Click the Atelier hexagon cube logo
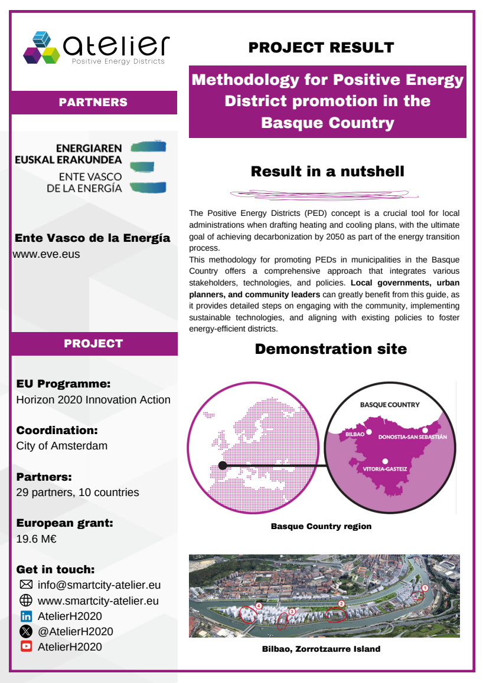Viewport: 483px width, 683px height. tap(43, 47)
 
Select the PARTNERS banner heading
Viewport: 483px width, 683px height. tap(93, 102)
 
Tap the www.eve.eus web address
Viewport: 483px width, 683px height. tap(47, 254)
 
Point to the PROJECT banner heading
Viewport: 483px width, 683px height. tap(93, 343)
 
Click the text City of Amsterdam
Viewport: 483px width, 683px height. tap(62, 446)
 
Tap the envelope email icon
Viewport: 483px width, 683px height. tap(26, 585)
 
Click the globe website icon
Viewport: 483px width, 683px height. tap(26, 601)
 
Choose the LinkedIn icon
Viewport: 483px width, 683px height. tap(26, 616)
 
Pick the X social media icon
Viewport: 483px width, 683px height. tap(26, 632)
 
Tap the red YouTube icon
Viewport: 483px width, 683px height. tap(26, 647)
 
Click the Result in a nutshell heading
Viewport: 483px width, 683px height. tap(327, 172)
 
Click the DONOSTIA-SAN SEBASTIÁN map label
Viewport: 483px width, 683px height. tap(412, 437)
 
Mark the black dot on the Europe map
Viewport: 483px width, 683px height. tap(223, 465)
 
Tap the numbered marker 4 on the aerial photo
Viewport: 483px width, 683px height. tap(259, 606)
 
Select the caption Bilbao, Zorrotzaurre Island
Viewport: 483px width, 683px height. tap(321, 649)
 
